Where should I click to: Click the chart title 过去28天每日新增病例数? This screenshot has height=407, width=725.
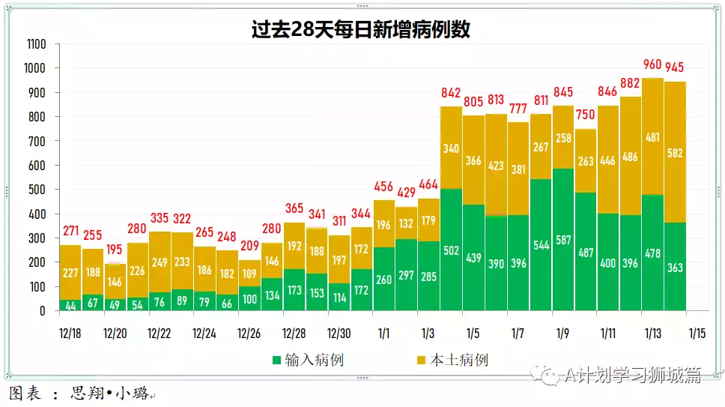point(362,29)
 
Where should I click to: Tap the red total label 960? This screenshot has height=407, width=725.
point(653,65)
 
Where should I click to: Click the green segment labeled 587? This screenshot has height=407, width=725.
point(563,240)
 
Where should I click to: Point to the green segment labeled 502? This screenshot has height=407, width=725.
point(451,250)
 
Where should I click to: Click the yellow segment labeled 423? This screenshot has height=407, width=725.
point(496,165)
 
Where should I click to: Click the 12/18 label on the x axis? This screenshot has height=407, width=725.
point(70,332)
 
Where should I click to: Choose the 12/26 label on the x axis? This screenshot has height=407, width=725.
point(249,332)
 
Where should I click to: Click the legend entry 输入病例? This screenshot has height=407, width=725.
point(308,361)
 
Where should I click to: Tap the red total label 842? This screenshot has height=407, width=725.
point(451,93)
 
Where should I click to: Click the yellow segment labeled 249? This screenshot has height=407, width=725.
point(160,262)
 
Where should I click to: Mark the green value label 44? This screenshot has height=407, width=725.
point(70,305)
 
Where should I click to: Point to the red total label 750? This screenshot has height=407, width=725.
point(586,115)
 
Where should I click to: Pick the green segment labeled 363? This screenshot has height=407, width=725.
point(676,267)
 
